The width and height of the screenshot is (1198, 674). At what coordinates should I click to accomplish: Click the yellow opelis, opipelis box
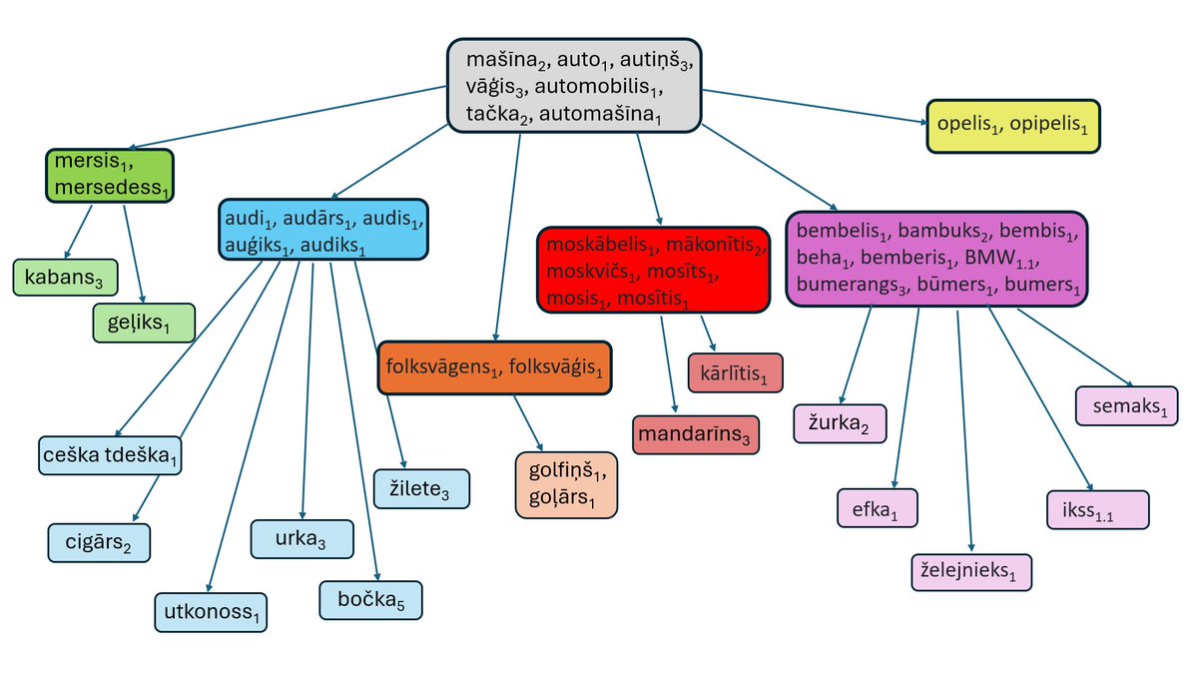tap(1012, 126)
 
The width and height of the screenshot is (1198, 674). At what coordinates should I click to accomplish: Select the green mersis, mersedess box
tap(110, 176)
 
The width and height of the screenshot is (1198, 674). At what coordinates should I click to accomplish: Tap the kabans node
tap(65, 277)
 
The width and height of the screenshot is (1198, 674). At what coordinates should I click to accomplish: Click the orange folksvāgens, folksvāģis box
tap(494, 368)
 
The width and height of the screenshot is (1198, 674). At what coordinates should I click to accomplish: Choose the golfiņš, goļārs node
tap(566, 484)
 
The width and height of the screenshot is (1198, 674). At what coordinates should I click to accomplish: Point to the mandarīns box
tap(695, 435)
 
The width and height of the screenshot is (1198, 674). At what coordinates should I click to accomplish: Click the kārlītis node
tap(736, 372)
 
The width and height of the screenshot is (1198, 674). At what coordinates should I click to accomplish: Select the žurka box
tap(840, 423)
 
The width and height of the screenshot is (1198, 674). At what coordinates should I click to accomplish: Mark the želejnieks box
tap(970, 572)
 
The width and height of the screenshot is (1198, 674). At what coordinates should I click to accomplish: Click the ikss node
tap(1097, 509)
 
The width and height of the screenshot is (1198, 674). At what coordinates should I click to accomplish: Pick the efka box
tap(877, 508)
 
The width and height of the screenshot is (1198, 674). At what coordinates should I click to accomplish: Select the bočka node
tap(370, 600)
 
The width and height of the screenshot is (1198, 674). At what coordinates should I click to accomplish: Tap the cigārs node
tap(99, 542)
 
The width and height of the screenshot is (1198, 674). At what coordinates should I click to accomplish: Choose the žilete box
tap(420, 487)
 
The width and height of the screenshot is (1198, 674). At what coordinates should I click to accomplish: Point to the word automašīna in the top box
tap(602, 115)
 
